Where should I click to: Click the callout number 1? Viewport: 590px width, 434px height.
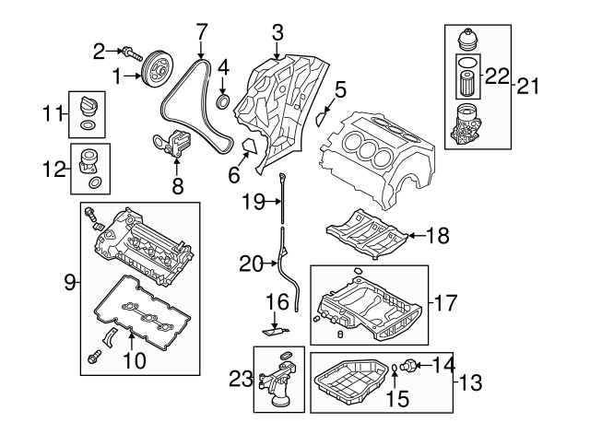click(118, 76)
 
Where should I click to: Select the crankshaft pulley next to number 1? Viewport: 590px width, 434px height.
click(157, 73)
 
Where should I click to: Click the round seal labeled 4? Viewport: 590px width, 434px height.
click(224, 100)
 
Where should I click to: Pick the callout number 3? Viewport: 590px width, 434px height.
click(277, 34)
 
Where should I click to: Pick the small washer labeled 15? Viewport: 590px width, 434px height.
click(394, 370)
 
